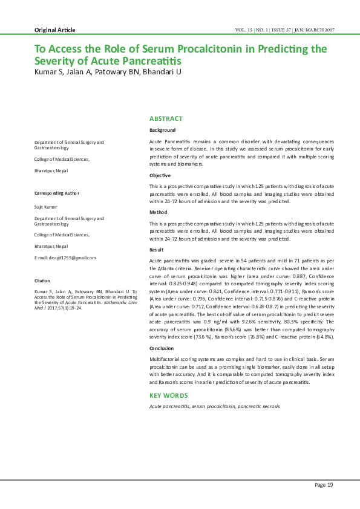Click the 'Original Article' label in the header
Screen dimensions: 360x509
tap(55, 30)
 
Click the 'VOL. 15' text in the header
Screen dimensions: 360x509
tap(244, 30)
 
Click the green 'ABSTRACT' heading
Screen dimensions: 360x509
tap(166, 118)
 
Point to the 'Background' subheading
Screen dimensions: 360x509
tap(163, 130)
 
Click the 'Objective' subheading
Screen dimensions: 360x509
tap(160, 175)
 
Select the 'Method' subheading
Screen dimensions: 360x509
tap(159, 212)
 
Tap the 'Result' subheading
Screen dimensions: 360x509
tap(157, 250)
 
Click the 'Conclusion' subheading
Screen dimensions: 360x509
tap(163, 348)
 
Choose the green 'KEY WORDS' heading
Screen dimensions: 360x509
tap(169, 395)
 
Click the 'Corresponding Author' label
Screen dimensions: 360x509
tap(57, 193)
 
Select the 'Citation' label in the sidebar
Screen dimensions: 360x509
tap(42, 281)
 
